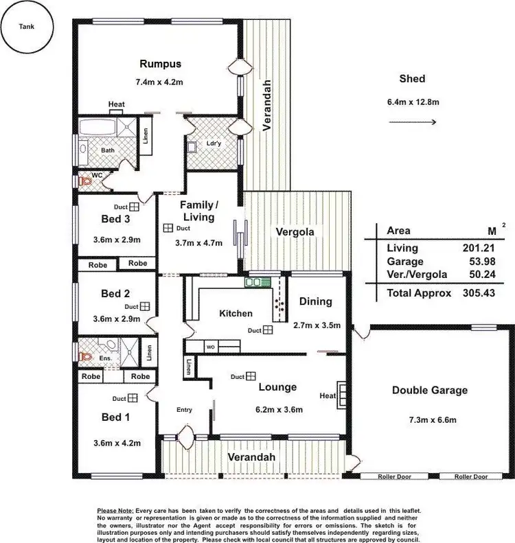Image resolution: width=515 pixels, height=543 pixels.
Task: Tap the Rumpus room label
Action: [160, 64]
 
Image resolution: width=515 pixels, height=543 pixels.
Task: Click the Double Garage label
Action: [429, 391]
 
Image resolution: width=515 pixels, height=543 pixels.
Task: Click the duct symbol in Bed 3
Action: [135, 206]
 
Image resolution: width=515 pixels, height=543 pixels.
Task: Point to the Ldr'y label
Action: [213, 145]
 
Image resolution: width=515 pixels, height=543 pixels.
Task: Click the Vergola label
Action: [295, 232]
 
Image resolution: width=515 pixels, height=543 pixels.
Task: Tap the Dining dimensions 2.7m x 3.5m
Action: [317, 325]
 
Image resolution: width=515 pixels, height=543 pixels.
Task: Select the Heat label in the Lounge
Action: [327, 396]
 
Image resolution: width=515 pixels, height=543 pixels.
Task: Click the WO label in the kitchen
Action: [211, 347]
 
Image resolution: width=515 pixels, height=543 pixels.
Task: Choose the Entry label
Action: [184, 410]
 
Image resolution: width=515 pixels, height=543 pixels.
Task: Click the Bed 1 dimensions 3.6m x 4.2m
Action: [117, 443]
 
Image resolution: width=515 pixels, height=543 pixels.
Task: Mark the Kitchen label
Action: [236, 313]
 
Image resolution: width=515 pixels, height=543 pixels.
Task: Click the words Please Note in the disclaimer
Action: [115, 511]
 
